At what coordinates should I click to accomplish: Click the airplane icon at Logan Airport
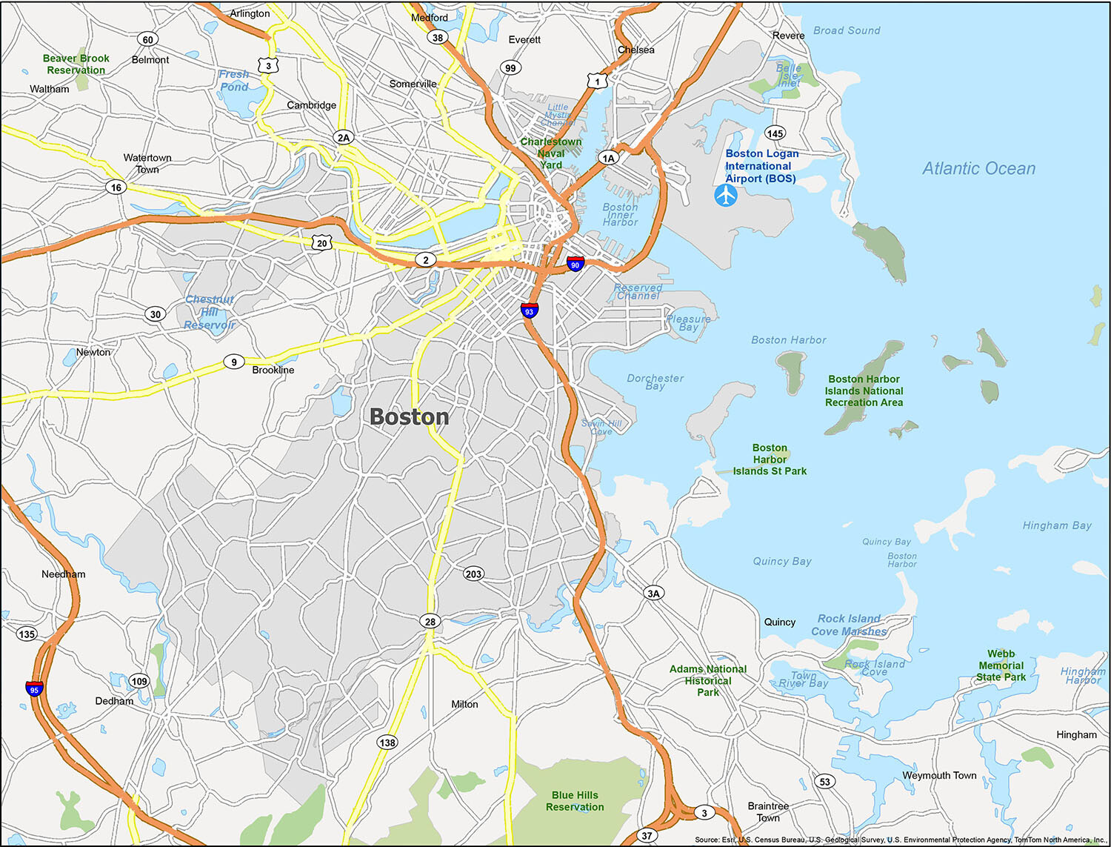point(726,196)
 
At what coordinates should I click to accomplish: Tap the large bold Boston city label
point(410,417)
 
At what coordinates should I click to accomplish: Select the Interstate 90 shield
point(575,264)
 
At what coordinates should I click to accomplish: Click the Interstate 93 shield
point(529,310)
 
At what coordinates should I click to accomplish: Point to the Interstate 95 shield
point(34,688)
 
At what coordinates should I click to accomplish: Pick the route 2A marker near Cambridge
point(344,137)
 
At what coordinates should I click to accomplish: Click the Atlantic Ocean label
point(978,169)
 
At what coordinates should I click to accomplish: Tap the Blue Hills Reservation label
point(575,801)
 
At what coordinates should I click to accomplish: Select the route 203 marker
point(473,574)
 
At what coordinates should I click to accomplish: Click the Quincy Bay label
point(782,561)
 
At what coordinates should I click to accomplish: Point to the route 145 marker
point(775,133)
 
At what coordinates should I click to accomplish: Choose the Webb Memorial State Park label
point(1001,665)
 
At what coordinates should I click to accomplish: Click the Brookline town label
point(273,370)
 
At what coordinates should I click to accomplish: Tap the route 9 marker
point(234,362)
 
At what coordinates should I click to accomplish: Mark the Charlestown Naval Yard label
point(551,153)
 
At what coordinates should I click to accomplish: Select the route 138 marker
point(387,743)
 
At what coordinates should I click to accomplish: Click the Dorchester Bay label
point(655,382)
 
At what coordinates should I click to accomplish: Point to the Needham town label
point(63,574)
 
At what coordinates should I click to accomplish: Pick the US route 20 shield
point(321,242)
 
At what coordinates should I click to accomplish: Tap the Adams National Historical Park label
point(708,680)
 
